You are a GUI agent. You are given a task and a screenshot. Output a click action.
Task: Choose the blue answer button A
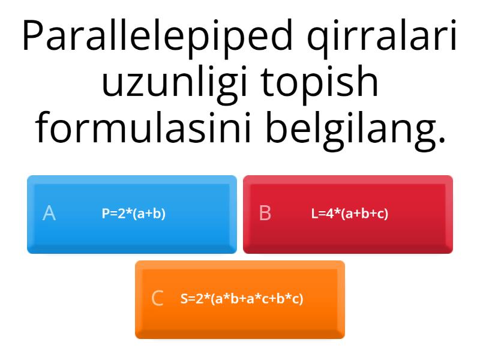(132, 214)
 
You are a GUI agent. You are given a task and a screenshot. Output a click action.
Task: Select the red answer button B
(348, 214)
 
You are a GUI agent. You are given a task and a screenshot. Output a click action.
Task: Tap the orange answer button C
(240, 299)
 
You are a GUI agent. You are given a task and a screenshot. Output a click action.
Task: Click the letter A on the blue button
(49, 213)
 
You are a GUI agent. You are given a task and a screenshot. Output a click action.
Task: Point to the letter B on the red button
(265, 213)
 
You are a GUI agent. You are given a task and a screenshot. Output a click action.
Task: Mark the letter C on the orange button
(157, 298)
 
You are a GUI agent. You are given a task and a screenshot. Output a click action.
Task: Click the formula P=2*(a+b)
(133, 214)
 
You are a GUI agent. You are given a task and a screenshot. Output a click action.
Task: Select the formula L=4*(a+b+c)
(350, 214)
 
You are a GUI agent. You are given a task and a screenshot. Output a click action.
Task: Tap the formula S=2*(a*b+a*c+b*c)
(242, 298)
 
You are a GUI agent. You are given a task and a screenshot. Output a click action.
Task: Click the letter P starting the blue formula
(106, 214)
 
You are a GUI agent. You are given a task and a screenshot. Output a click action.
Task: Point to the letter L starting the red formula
(314, 214)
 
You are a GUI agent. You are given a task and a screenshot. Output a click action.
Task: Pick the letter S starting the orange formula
(184, 298)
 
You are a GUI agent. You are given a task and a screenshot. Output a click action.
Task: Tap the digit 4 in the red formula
(329, 214)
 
